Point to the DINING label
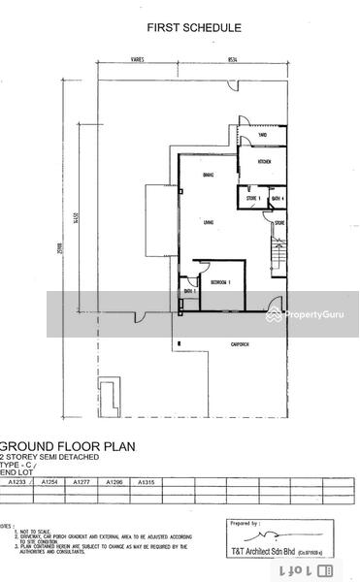coord(208,175)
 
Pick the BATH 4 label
coord(276,199)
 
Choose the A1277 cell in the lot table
coord(82,481)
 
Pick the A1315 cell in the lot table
coord(147,481)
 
